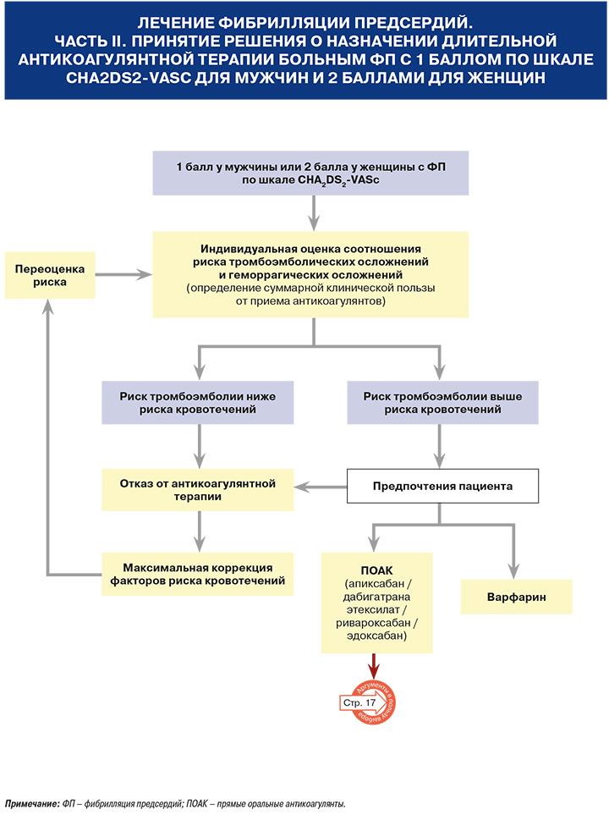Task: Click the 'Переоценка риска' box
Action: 50,276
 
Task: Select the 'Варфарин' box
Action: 517,597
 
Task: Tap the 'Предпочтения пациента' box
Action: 442,486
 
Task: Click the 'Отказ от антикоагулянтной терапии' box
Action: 197,490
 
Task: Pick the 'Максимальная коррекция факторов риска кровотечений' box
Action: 197,574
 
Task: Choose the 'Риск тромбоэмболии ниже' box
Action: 197,402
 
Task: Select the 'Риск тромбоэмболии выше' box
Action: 442,402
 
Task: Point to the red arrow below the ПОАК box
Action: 373,666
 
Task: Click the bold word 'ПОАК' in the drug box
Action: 376,570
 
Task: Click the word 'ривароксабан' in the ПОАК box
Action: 373,623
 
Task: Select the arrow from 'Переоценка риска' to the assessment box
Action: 123,274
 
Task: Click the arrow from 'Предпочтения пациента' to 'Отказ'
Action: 321,487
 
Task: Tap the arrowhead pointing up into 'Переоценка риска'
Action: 48,306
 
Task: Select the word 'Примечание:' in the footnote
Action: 32,804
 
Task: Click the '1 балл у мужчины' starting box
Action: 310,173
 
